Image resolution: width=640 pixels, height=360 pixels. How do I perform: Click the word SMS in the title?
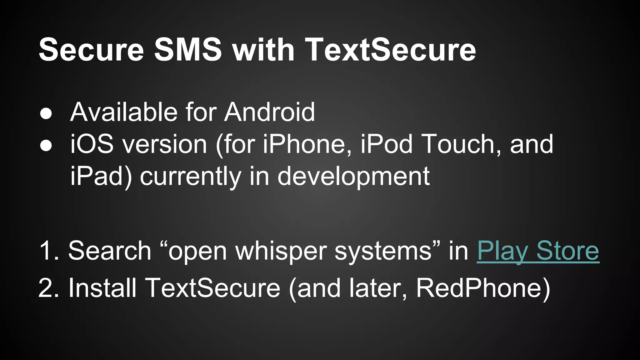pos(188,50)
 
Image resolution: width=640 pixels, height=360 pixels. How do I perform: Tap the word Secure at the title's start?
pos(91,50)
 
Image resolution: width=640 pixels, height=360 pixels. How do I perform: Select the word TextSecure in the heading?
pos(390,50)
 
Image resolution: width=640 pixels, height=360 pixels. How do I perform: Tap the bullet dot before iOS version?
pos(46,146)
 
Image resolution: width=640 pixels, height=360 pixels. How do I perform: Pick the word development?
pos(353,176)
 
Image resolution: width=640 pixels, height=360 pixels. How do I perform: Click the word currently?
pos(191,176)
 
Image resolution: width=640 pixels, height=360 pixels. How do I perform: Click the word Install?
pos(102,288)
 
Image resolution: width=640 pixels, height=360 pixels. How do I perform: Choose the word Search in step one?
pos(110,251)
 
